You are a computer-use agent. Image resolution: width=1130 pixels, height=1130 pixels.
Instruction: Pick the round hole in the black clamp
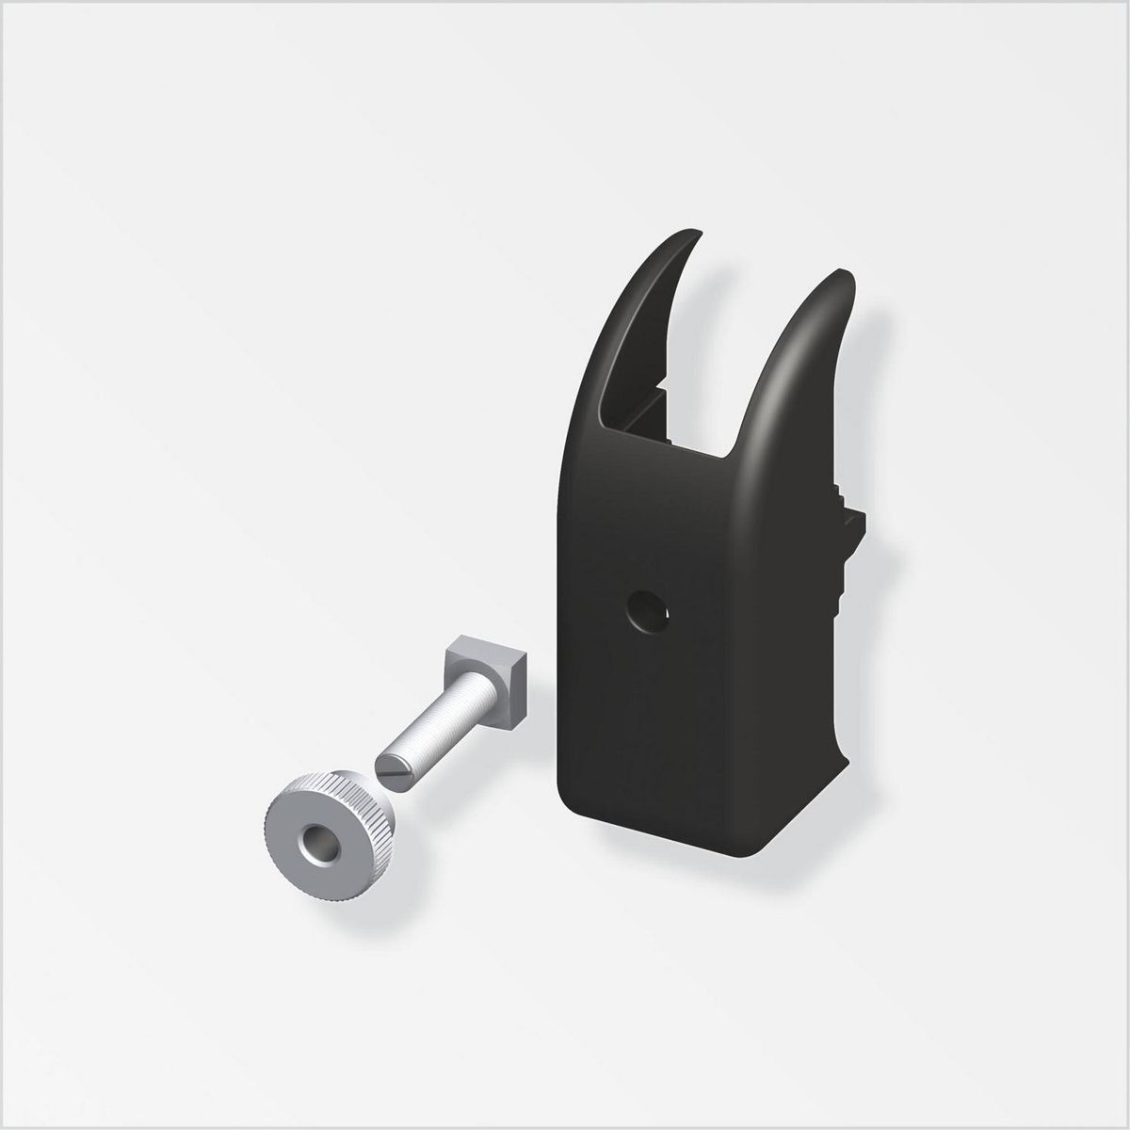650,611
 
